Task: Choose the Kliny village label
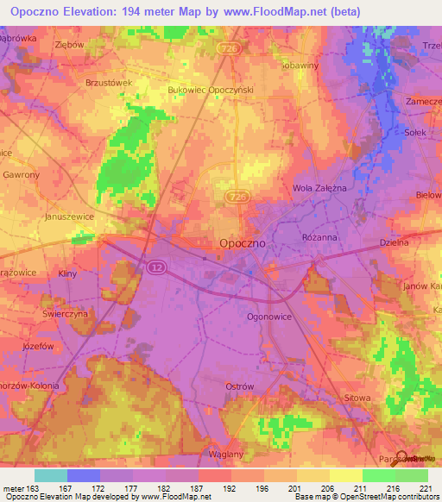(67, 273)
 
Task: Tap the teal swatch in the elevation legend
(50, 475)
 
